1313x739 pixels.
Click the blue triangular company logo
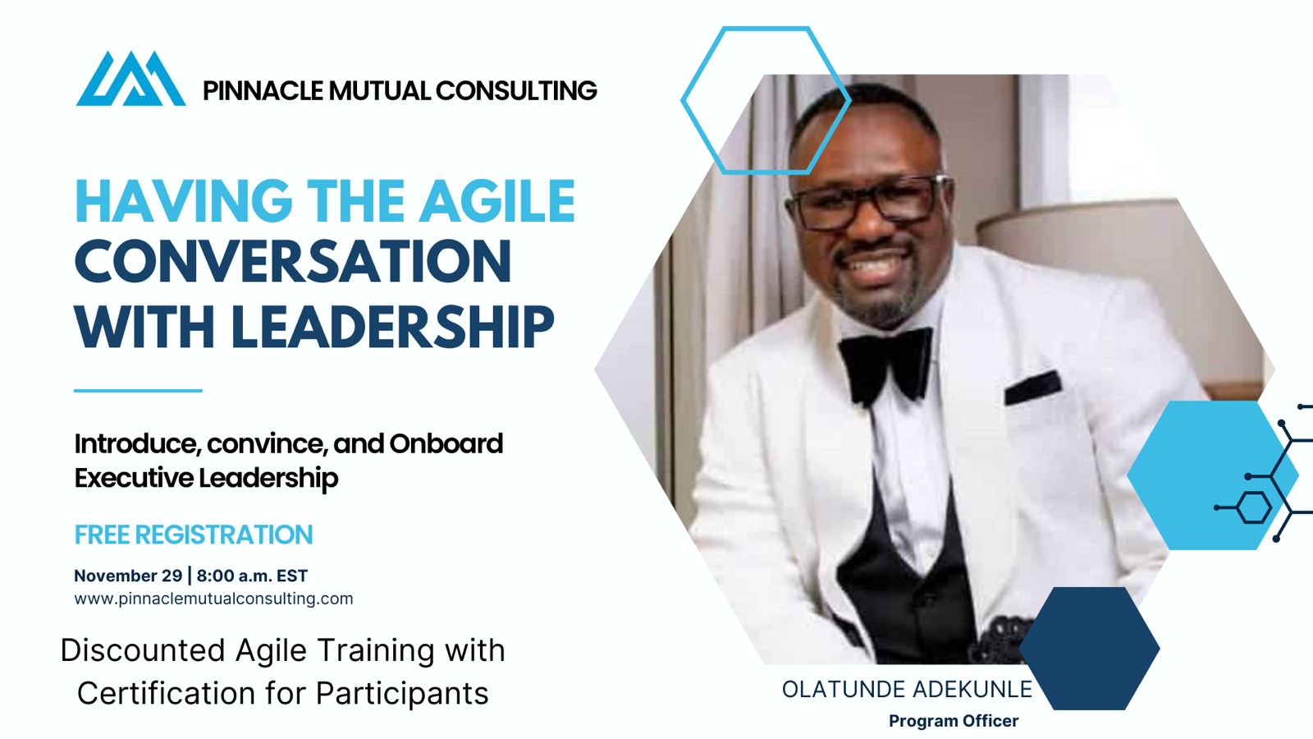pos(130,79)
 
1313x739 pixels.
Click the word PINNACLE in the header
pos(263,91)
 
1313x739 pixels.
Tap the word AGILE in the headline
pos(496,200)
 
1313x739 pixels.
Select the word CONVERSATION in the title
pos(293,262)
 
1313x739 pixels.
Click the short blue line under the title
pos(139,390)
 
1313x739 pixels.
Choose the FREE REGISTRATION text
pos(194,535)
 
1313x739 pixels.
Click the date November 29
pos(128,576)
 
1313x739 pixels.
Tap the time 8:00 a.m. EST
pos(252,576)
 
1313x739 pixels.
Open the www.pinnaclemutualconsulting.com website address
pos(213,599)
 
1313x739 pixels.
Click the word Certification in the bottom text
pos(166,693)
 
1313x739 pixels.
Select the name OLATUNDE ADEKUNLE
pos(907,690)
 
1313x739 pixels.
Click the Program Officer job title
pos(954,721)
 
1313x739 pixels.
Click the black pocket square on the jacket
pos(1033,388)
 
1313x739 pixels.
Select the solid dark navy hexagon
pos(1089,648)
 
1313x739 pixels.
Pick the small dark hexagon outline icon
pos(1255,508)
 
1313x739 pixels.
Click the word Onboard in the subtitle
pos(446,444)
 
